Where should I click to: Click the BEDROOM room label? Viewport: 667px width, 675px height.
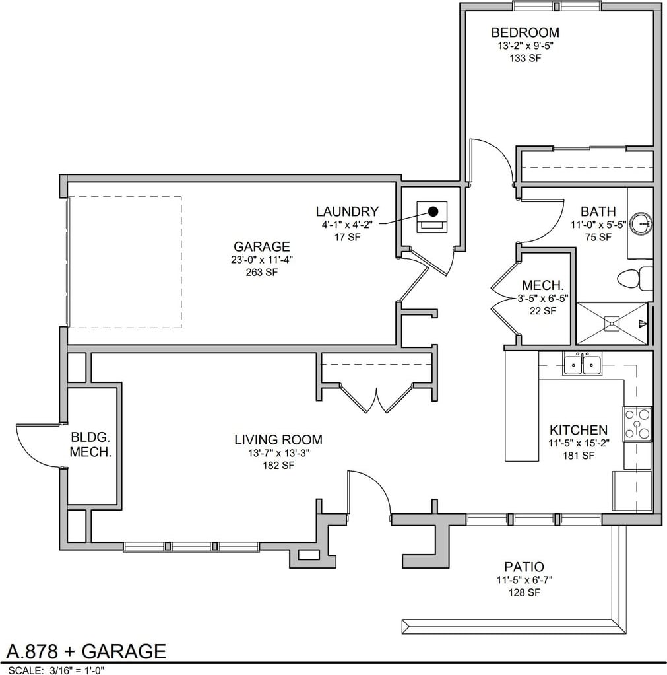[525, 33]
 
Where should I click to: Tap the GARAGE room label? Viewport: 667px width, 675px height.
[262, 246]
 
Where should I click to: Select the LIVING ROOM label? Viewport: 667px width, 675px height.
[278, 439]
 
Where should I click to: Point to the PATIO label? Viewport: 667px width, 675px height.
[524, 567]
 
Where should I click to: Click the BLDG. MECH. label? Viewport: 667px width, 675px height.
[91, 444]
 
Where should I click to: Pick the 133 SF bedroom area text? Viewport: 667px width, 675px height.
[525, 58]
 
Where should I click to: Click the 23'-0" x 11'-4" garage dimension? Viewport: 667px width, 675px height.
[262, 260]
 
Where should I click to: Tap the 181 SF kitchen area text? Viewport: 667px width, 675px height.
[579, 456]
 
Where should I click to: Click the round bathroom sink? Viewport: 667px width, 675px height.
[642, 223]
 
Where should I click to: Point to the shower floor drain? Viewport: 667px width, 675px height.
[612, 323]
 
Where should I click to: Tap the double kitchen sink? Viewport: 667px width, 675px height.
[583, 364]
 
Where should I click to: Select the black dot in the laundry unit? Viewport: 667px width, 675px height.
[433, 211]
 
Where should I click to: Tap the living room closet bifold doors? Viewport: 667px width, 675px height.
[377, 398]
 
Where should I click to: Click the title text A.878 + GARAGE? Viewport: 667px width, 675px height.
[86, 651]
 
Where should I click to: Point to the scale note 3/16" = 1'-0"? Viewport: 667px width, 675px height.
[75, 670]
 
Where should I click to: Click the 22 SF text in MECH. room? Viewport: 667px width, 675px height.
[543, 311]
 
